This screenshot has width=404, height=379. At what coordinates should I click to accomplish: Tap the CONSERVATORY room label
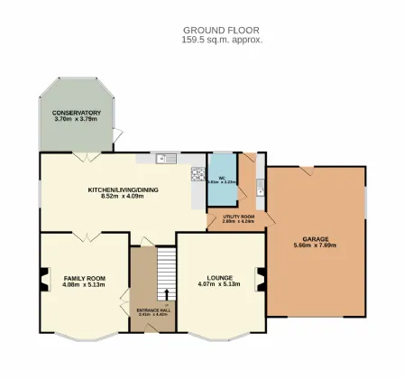[77, 112]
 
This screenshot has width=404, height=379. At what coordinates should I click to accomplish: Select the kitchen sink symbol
[164, 159]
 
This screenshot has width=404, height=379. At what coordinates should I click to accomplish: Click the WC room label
[221, 176]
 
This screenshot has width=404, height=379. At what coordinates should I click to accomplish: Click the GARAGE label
[316, 239]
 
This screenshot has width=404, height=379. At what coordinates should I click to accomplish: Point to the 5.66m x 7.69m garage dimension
[316, 245]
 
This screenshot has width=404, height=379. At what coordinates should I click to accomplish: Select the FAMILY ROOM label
[84, 278]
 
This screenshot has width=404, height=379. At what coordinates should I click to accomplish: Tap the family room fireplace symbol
[41, 281]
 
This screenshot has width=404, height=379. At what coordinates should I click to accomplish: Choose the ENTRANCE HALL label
[152, 310]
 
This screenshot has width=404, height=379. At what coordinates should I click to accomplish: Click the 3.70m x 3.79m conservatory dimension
[77, 119]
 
